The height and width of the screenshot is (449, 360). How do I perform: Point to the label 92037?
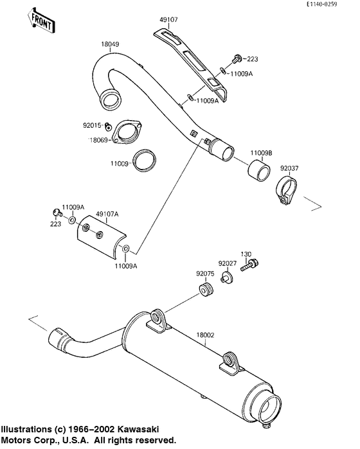point(289,168)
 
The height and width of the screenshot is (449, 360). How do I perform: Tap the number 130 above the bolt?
point(246,254)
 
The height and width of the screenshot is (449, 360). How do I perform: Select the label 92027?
point(227,263)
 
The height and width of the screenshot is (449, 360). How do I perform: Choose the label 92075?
point(204,274)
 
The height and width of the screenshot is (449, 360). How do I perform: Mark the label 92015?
point(92,126)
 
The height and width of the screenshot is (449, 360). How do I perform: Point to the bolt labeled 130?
point(249,265)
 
